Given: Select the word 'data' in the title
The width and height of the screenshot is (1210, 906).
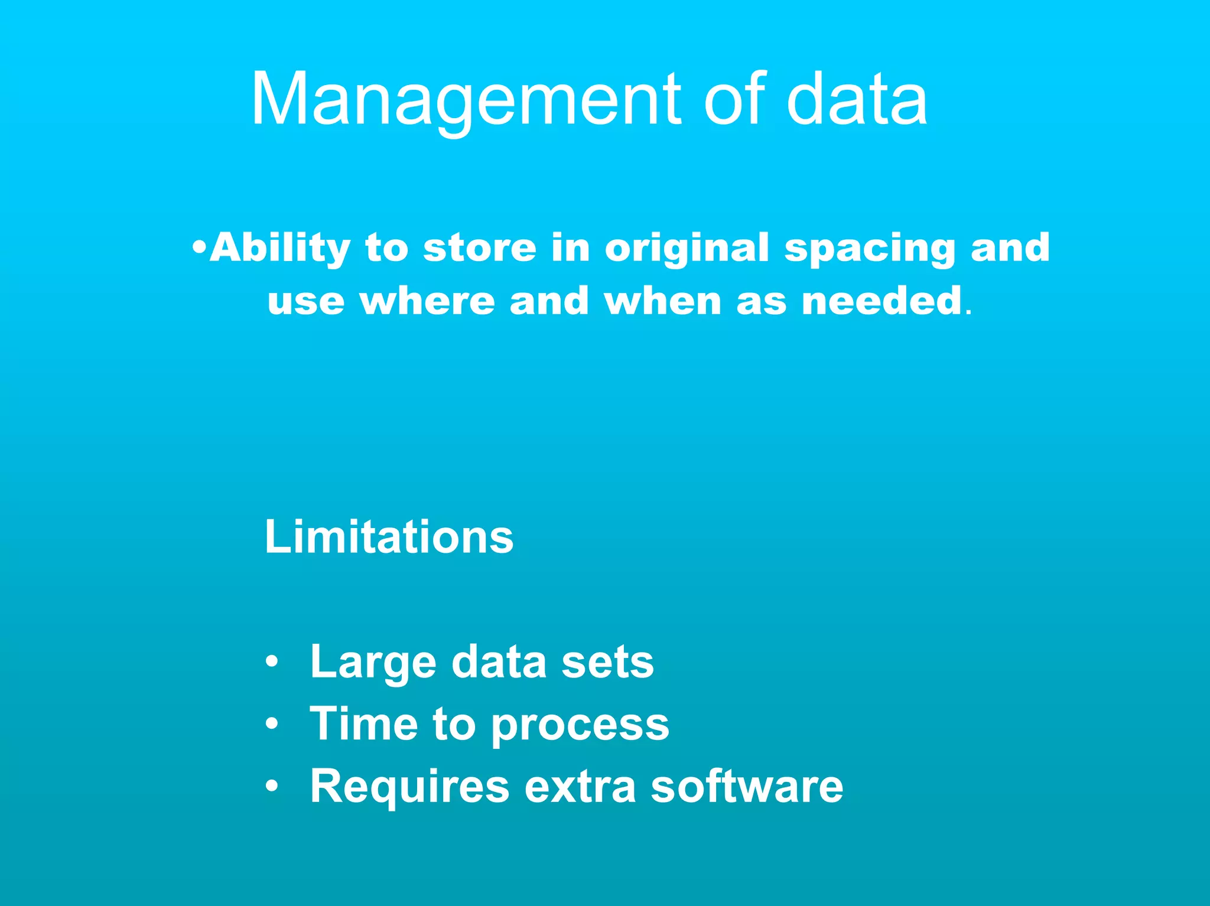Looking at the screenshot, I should coord(856,99).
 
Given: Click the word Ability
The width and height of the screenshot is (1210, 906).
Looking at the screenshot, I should coord(280,248).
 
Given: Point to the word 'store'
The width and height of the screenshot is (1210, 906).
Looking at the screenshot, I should coord(480,247).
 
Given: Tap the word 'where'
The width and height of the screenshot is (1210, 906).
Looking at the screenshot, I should coord(427,301).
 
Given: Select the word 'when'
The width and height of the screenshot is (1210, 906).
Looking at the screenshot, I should coord(663,301).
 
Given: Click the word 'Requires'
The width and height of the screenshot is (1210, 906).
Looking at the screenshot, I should coord(409,786).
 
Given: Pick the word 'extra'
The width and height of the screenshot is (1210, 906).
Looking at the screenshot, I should coord(580,787).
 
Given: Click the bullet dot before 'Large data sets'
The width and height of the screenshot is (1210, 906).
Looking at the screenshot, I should coord(271,661).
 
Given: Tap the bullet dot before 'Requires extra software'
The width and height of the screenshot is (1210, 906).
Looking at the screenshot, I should coord(271,786).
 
